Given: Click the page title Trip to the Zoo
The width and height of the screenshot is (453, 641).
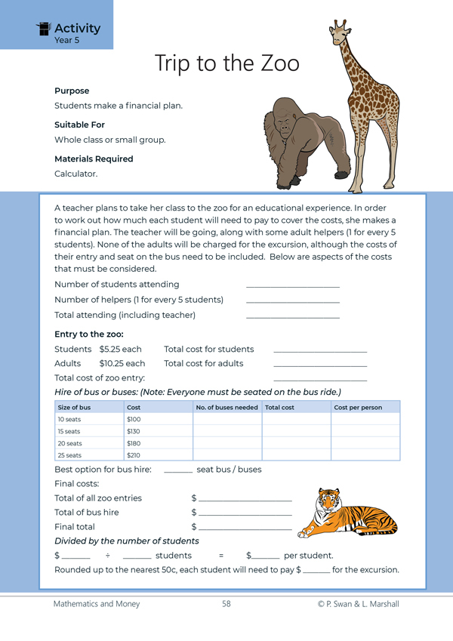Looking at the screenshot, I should pyautogui.click(x=226, y=63).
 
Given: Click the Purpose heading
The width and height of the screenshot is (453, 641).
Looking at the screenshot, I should pyautogui.click(x=72, y=91).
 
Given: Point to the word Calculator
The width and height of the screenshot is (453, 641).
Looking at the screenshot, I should pyautogui.click(x=75, y=174).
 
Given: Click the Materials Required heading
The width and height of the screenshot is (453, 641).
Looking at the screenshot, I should pyautogui.click(x=94, y=159).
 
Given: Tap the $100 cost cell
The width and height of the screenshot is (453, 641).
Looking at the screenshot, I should pyautogui.click(x=134, y=419).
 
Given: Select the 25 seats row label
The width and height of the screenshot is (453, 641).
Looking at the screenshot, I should pyautogui.click(x=69, y=455).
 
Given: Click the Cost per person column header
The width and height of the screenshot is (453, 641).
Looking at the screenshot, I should pyautogui.click(x=358, y=408).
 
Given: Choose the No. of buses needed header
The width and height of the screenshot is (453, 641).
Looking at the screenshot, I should pyautogui.click(x=226, y=408).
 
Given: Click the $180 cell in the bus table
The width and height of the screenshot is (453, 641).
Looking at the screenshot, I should pyautogui.click(x=134, y=443).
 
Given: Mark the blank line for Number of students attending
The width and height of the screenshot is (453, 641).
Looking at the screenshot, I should pyautogui.click(x=293, y=285).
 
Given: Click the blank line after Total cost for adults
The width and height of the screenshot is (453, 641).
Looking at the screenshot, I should pyautogui.click(x=320, y=365).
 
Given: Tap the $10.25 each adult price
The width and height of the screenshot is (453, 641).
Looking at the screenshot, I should pyautogui.click(x=122, y=363).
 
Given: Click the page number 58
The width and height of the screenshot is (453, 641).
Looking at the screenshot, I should pyautogui.click(x=226, y=604).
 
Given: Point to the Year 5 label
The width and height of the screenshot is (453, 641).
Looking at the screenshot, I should pyautogui.click(x=66, y=40).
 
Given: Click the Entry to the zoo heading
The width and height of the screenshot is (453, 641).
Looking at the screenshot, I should pyautogui.click(x=89, y=334).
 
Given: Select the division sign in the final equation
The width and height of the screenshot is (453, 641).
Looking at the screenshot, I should pyautogui.click(x=107, y=556).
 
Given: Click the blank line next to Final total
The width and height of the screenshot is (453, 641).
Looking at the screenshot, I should pyautogui.click(x=245, y=528).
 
